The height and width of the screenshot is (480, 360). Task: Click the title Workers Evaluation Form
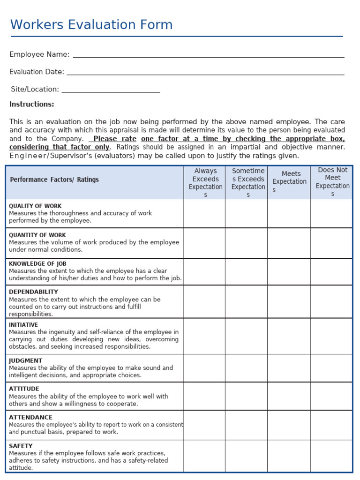(91, 25)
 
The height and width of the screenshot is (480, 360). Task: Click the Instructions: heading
(32, 104)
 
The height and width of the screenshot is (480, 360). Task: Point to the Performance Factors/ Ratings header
(54, 180)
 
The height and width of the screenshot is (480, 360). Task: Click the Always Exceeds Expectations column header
(205, 182)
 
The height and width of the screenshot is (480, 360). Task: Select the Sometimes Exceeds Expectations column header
(248, 182)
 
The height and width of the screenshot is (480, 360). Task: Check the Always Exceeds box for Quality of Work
(204, 214)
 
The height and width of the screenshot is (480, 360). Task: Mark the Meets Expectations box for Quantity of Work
(289, 243)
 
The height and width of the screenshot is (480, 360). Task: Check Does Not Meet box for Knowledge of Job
(331, 271)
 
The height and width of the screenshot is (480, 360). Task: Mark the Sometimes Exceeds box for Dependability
(247, 301)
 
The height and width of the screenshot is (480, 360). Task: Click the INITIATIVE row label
(23, 325)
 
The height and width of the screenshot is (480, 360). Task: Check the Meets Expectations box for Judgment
(289, 367)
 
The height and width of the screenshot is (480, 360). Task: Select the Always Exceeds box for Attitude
(204, 396)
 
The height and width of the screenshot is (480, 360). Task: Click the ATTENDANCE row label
(31, 417)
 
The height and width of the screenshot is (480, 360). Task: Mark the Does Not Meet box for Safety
(331, 456)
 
